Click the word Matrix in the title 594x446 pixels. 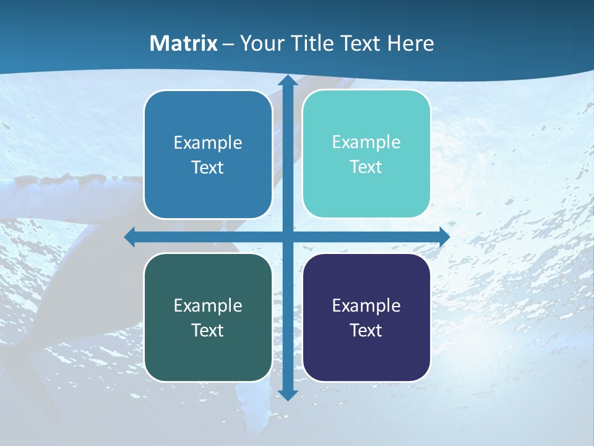pyautogui.click(x=183, y=43)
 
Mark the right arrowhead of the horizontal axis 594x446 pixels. pyautogui.click(x=444, y=237)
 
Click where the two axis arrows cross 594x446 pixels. pyautogui.click(x=287, y=237)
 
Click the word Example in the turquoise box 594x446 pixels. pyautogui.click(x=366, y=142)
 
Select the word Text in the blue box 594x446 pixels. pyautogui.click(x=208, y=167)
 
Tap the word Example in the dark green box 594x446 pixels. pyautogui.click(x=208, y=305)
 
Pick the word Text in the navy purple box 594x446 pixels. pyautogui.click(x=366, y=330)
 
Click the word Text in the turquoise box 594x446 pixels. pyautogui.click(x=366, y=167)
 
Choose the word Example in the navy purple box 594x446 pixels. pyautogui.click(x=366, y=305)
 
